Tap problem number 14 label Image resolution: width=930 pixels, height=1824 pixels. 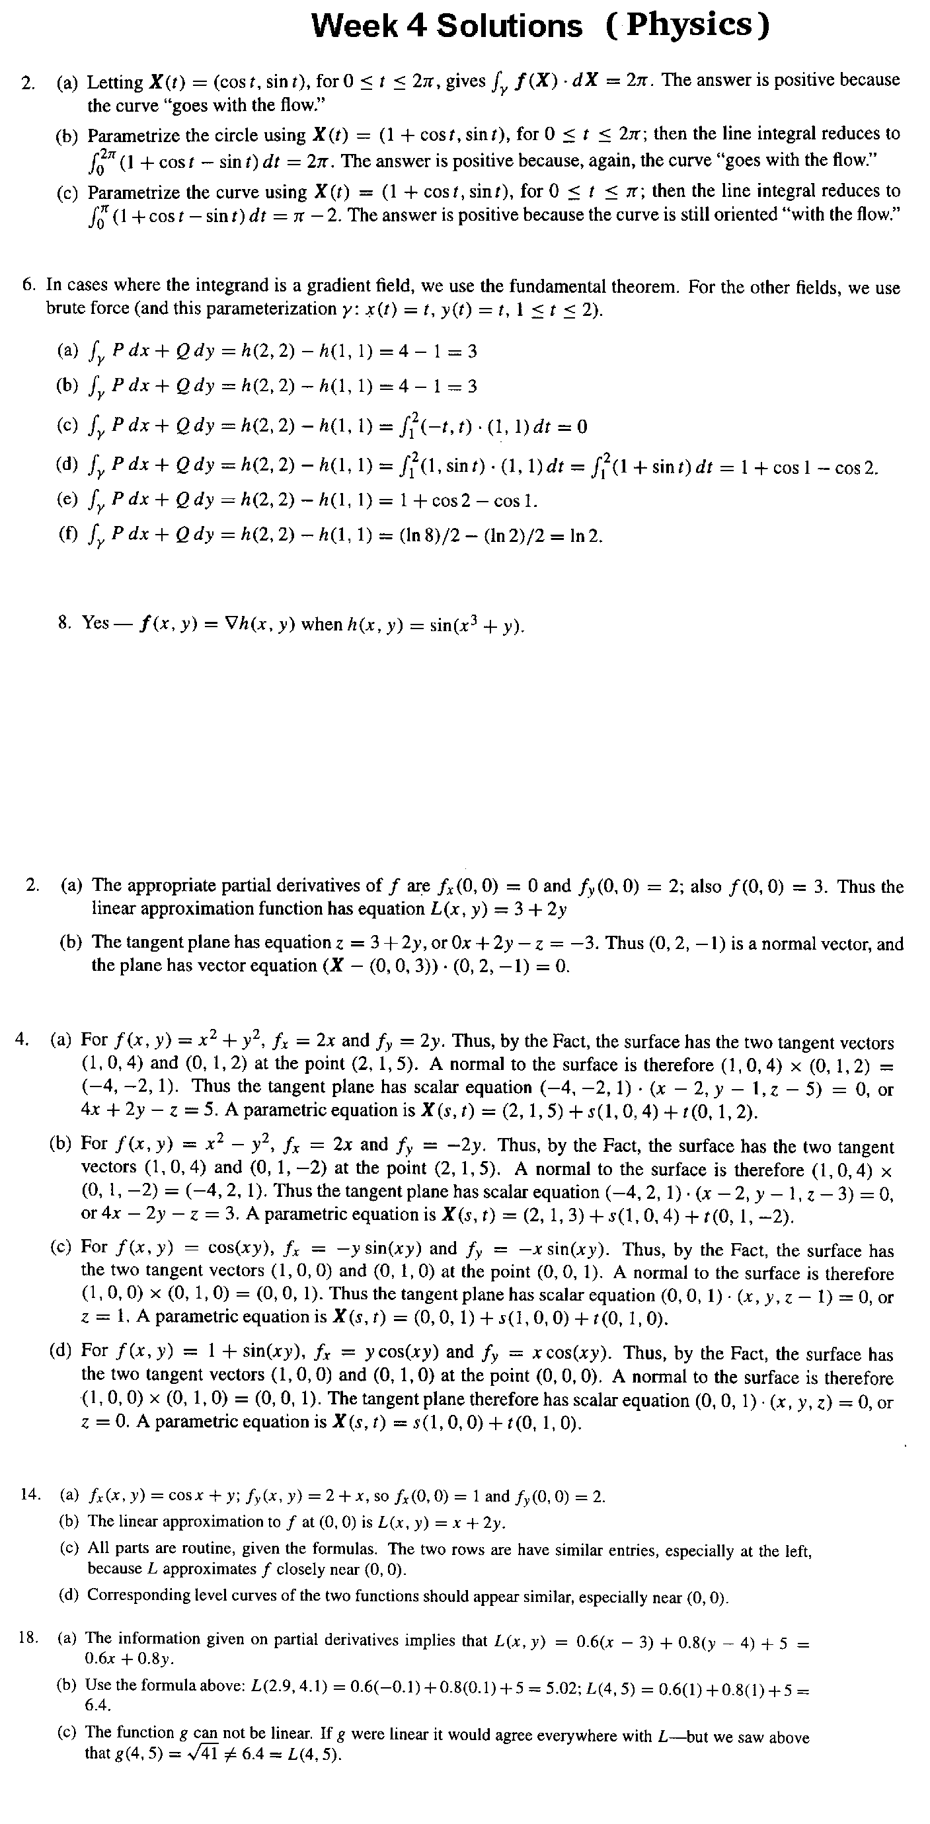[x=30, y=1496]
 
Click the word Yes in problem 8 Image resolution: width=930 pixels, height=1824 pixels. [x=96, y=623]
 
